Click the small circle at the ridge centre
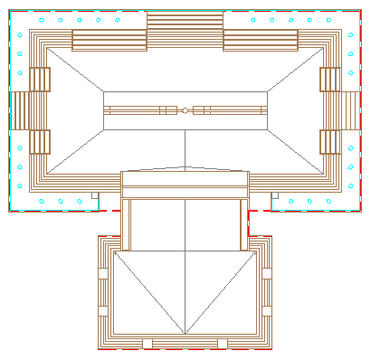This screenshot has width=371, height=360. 185,110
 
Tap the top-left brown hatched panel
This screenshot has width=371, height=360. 109,40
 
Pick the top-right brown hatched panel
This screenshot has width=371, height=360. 261,40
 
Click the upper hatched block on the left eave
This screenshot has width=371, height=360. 40,80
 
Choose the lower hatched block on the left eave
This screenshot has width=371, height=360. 40,142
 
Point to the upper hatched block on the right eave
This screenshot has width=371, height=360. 329,80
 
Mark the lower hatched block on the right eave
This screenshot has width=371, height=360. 329,142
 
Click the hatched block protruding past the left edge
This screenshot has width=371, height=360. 20,110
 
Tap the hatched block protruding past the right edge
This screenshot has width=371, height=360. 350,110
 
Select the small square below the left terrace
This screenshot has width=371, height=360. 95,194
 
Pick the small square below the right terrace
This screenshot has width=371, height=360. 274,194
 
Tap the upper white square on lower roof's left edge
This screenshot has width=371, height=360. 103,271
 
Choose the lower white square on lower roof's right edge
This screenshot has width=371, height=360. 266,310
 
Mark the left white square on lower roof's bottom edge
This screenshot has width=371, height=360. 147,342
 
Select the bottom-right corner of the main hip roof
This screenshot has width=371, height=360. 323,174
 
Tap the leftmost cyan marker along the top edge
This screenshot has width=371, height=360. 41,19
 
